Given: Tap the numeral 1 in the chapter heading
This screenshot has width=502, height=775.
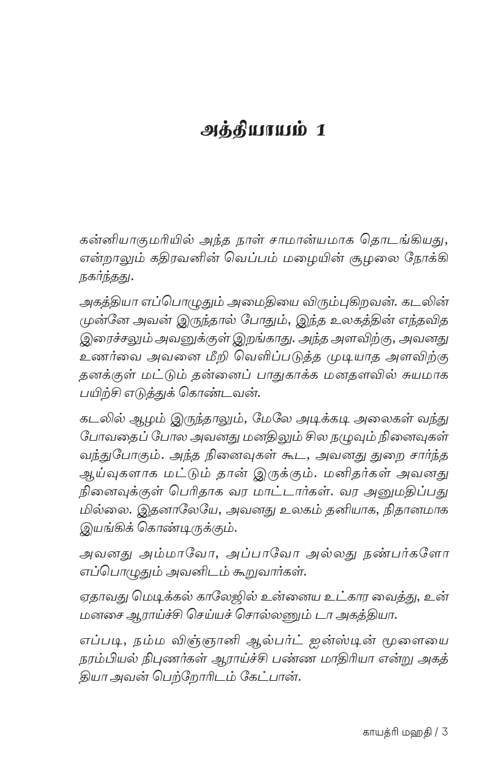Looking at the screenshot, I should coord(321,131).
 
